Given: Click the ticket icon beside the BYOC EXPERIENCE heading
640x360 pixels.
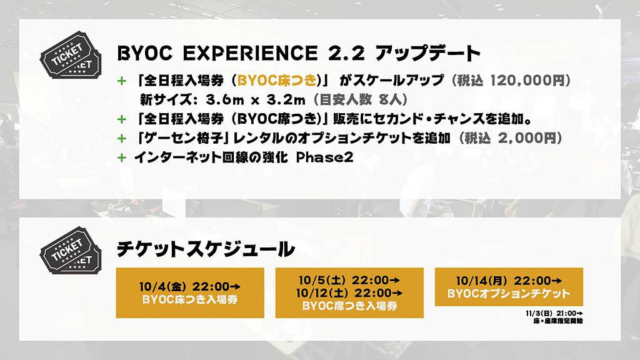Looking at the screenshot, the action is click(x=70, y=55).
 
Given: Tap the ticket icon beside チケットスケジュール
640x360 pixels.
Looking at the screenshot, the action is click(x=70, y=250).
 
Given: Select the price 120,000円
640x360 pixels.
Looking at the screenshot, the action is click(x=526, y=81).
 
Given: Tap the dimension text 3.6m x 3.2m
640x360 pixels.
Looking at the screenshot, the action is click(x=255, y=99).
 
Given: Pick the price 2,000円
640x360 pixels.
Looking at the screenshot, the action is click(x=527, y=138).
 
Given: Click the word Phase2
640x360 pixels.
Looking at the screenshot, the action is click(x=324, y=157).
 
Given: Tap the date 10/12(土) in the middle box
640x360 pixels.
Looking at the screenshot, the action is click(x=322, y=292).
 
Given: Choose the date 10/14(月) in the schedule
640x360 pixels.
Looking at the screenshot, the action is click(x=482, y=281).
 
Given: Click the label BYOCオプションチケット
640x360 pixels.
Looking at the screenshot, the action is click(x=509, y=294).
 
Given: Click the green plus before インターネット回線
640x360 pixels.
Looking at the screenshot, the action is click(x=122, y=157).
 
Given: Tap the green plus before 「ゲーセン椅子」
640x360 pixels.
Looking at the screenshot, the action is click(x=122, y=139).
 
